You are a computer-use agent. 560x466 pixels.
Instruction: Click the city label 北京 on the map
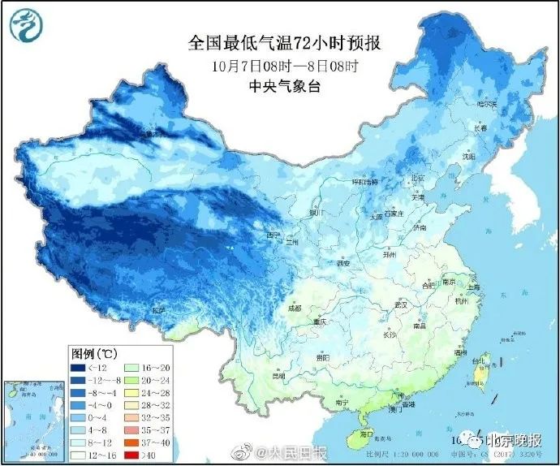pos(417,178)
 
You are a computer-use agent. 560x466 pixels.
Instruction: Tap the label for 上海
pos(476,287)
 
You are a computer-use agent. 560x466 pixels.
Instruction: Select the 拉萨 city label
pos(159,310)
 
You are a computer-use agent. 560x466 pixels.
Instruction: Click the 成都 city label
pos(295,308)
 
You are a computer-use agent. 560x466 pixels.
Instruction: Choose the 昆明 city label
pos(279,376)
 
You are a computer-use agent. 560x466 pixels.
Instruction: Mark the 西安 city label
pos(343,264)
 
